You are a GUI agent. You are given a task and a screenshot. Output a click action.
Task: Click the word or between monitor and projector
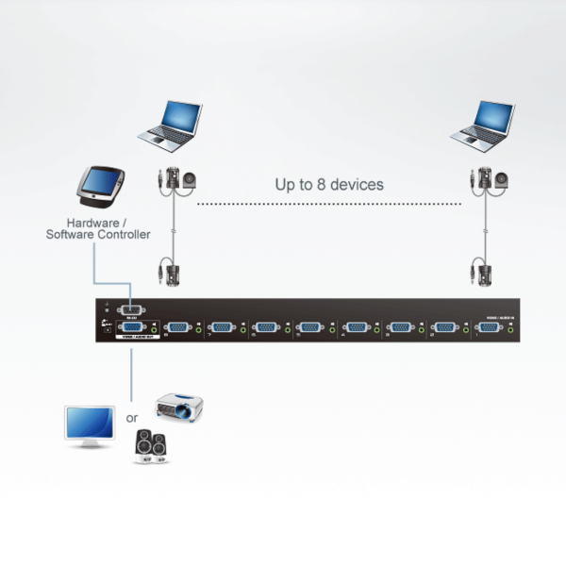point(132,416)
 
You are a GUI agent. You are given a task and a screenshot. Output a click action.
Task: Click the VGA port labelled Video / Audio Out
point(132,325)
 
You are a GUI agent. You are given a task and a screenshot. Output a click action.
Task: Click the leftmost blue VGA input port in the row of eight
point(177,328)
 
